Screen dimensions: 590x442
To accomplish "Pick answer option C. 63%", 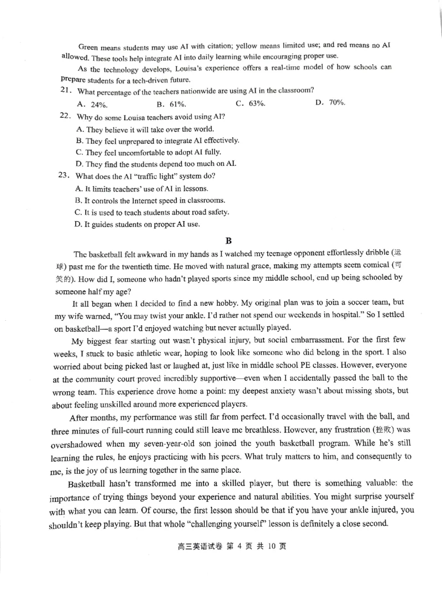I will point(250,103).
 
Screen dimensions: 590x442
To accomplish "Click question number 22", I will point(65,117).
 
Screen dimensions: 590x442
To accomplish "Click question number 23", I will point(65,176).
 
